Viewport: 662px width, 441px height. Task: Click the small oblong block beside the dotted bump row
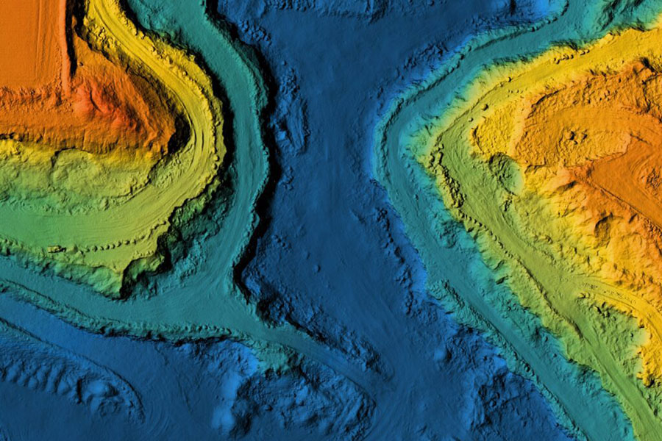pyautogui.click(x=55, y=249)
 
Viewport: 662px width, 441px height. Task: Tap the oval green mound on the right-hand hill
pyautogui.click(x=507, y=173)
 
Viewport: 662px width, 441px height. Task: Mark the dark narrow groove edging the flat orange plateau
pyautogui.click(x=71, y=44)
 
